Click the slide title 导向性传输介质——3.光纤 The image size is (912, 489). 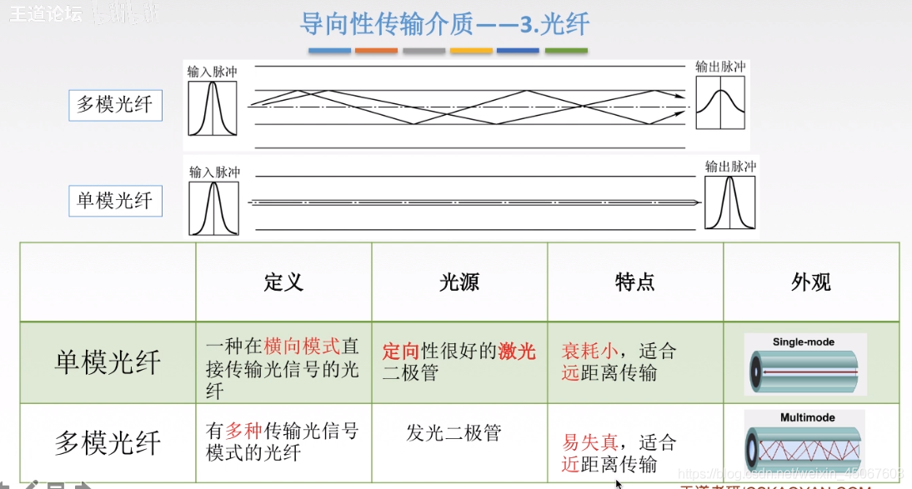(444, 24)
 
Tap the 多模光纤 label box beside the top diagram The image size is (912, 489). (115, 105)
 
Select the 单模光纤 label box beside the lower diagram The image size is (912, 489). (115, 201)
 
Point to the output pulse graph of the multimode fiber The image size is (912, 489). (720, 102)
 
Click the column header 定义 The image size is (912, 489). (283, 282)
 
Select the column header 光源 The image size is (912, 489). (459, 282)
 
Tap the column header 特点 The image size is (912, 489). (635, 282)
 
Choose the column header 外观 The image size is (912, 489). (811, 282)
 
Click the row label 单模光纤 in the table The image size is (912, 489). (108, 362)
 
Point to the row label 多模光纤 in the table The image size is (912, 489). (108, 442)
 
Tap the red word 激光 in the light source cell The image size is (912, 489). (517, 352)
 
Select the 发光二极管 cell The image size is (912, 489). (453, 433)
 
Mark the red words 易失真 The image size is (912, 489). (590, 442)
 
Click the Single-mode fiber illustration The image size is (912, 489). (804, 365)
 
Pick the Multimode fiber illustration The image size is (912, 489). (804, 444)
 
